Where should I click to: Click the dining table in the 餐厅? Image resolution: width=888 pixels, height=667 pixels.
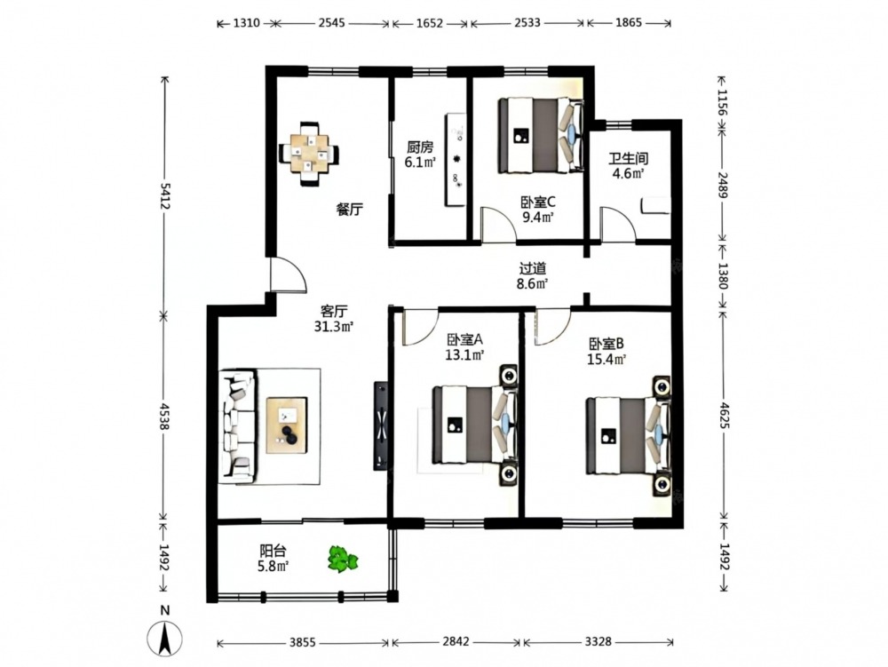point(309,154)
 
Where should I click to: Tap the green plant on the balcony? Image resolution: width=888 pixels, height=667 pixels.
point(343,560)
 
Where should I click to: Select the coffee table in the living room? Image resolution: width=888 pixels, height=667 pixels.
point(287,425)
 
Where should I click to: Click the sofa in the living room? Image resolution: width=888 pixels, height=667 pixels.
point(238,425)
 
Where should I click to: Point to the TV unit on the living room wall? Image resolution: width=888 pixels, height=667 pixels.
point(381,425)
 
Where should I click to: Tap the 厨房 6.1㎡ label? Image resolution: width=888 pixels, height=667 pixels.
point(420,155)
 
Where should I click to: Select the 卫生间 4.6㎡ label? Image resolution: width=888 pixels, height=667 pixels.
point(628,166)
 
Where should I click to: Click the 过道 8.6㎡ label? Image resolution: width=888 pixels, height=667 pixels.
point(532,275)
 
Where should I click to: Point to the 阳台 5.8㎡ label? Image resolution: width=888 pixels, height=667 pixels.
point(273,558)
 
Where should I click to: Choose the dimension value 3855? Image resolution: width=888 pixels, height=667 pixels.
point(303,642)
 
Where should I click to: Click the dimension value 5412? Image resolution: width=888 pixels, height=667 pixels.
point(165,195)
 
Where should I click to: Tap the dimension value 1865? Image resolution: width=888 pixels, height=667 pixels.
point(628,23)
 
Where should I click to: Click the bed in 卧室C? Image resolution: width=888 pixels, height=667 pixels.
point(541,135)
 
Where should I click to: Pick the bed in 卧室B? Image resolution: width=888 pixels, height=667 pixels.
point(628,435)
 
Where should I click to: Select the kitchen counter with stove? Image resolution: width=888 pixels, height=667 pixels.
point(456,160)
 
